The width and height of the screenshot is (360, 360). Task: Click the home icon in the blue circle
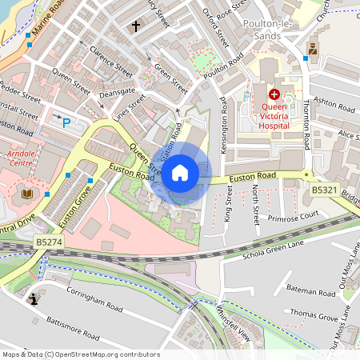[x=180, y=172]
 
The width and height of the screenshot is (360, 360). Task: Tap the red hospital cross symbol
[x=274, y=94]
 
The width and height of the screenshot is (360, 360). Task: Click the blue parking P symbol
[x=66, y=122]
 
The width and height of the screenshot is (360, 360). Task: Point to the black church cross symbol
[x=135, y=26]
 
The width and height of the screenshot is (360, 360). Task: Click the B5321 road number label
[x=324, y=190]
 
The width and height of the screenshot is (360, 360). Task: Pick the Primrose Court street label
[x=294, y=214]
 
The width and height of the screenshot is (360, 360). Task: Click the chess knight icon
[x=34, y=299]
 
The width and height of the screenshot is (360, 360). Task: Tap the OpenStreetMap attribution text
[x=80, y=354]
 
